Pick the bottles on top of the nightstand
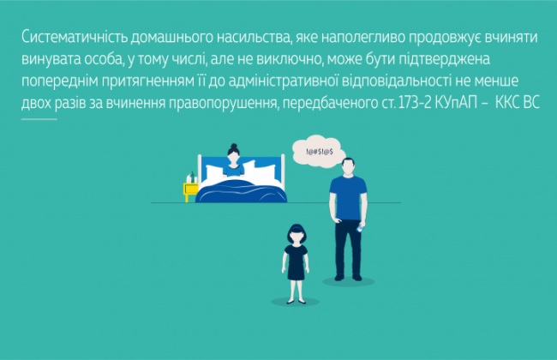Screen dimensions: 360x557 (191, 178)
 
